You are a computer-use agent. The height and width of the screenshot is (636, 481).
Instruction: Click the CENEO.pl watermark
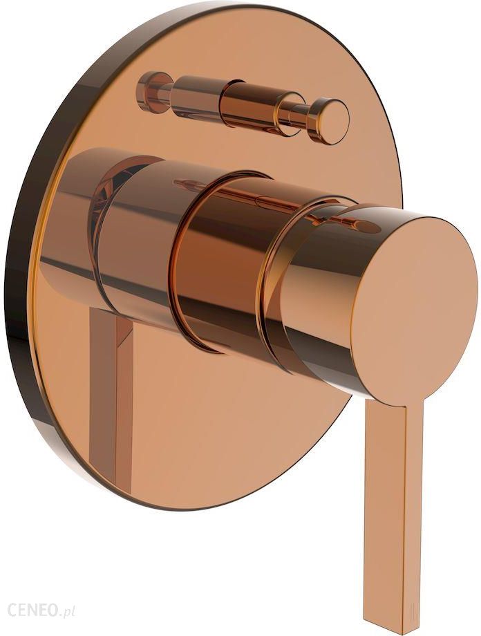point(38,609)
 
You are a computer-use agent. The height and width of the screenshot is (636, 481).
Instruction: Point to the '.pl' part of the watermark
point(68,610)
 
